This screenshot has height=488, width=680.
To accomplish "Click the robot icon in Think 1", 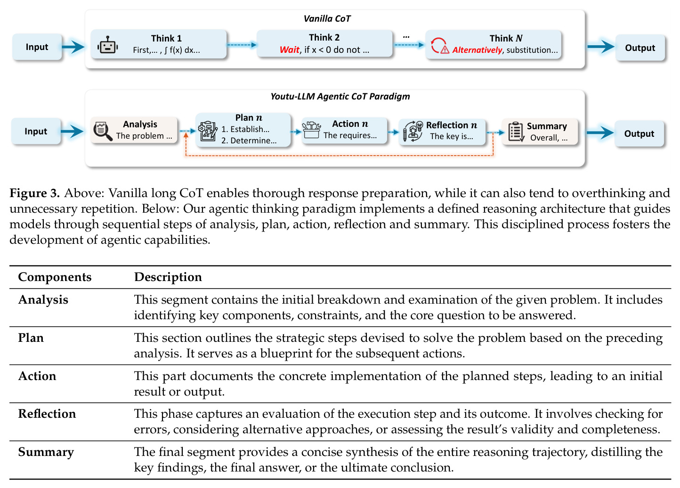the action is [x=107, y=45].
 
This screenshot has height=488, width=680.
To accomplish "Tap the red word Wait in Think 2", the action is [x=289, y=50].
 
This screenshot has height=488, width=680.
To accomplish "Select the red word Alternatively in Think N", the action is [x=477, y=50].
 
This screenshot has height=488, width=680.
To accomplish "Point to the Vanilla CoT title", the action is [x=327, y=18].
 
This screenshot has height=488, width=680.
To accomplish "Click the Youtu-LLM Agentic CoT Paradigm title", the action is [x=340, y=96].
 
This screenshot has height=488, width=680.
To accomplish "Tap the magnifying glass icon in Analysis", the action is [x=103, y=131].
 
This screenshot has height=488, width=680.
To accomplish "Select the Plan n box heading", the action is [x=249, y=117].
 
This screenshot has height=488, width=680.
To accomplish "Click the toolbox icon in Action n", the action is [x=311, y=130].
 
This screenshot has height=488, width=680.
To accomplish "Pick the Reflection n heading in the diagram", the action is [x=452, y=125].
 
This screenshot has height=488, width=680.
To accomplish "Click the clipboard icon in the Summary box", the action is [x=516, y=132].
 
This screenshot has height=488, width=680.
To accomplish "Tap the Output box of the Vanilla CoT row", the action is [x=640, y=48].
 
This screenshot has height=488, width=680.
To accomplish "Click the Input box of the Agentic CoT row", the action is [x=36, y=131].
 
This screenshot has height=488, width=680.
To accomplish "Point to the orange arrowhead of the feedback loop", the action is [x=186, y=135].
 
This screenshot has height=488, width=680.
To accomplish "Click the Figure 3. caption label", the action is [x=34, y=193].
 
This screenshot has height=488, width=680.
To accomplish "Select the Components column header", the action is [x=55, y=277].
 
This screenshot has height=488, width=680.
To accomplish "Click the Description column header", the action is [x=168, y=277].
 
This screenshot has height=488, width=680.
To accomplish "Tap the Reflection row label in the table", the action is [x=47, y=414].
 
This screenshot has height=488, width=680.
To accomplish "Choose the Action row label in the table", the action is [x=37, y=376].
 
